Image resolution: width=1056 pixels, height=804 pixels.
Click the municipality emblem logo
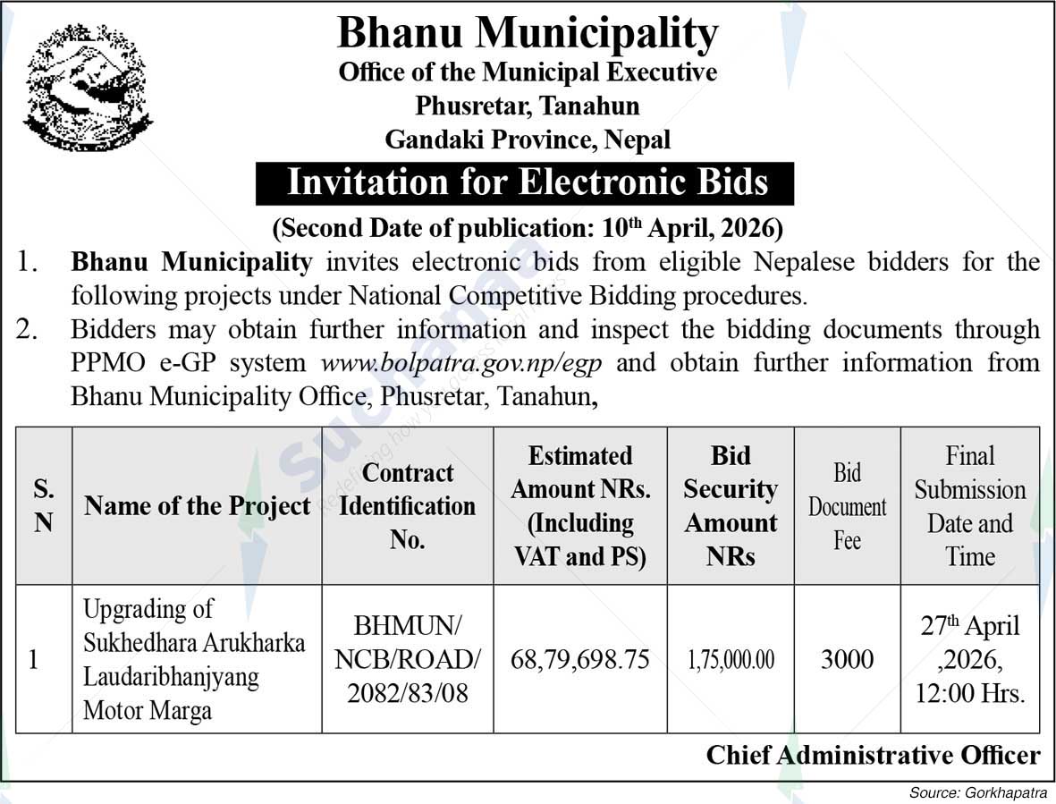(x=87, y=87)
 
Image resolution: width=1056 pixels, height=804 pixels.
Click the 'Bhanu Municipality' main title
(x=528, y=34)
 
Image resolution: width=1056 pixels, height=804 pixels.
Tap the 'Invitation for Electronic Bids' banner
(x=526, y=182)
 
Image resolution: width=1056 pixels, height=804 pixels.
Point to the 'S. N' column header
(x=44, y=506)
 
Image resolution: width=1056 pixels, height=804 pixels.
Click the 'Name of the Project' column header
(x=197, y=506)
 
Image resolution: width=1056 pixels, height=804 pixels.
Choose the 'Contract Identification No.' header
(x=407, y=506)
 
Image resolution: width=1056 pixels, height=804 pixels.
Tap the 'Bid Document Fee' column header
(x=847, y=506)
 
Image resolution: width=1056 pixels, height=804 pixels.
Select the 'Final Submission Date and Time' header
(x=970, y=506)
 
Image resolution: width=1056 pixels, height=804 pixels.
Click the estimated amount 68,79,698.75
(x=579, y=660)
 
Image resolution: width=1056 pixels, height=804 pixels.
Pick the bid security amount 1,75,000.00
(x=731, y=660)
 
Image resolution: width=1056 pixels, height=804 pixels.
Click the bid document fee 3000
(x=847, y=660)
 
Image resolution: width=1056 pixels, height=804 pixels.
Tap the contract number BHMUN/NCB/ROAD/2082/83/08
(x=407, y=660)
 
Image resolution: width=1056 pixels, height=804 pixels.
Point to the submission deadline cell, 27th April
(x=970, y=660)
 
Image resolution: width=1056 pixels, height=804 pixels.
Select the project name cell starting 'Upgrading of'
(x=194, y=660)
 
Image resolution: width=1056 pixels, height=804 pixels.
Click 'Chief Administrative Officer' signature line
(x=873, y=756)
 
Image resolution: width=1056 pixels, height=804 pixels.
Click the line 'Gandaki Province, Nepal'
(x=528, y=140)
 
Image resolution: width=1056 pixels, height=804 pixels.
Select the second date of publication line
(x=528, y=228)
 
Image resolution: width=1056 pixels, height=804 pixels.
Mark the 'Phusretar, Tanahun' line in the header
(x=528, y=106)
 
